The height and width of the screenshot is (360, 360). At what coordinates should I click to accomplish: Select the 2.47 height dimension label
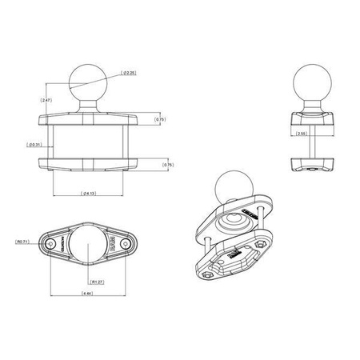[46, 99]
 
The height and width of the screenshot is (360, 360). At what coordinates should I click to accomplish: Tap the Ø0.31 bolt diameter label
[35, 144]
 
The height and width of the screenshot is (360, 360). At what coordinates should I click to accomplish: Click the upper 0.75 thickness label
[159, 119]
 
